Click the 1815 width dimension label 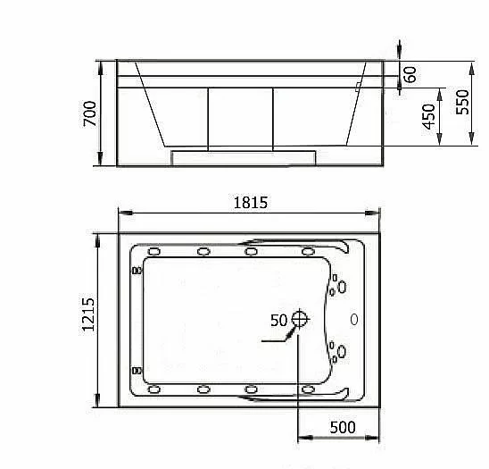(x=251, y=203)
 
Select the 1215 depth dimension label (x=88, y=314)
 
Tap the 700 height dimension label (x=90, y=113)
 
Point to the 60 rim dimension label (x=410, y=74)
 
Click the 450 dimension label (x=428, y=116)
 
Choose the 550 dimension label (x=462, y=102)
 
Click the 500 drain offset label (x=343, y=427)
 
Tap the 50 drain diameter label (x=278, y=321)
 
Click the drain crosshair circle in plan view (x=300, y=319)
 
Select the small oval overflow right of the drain (x=354, y=320)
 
